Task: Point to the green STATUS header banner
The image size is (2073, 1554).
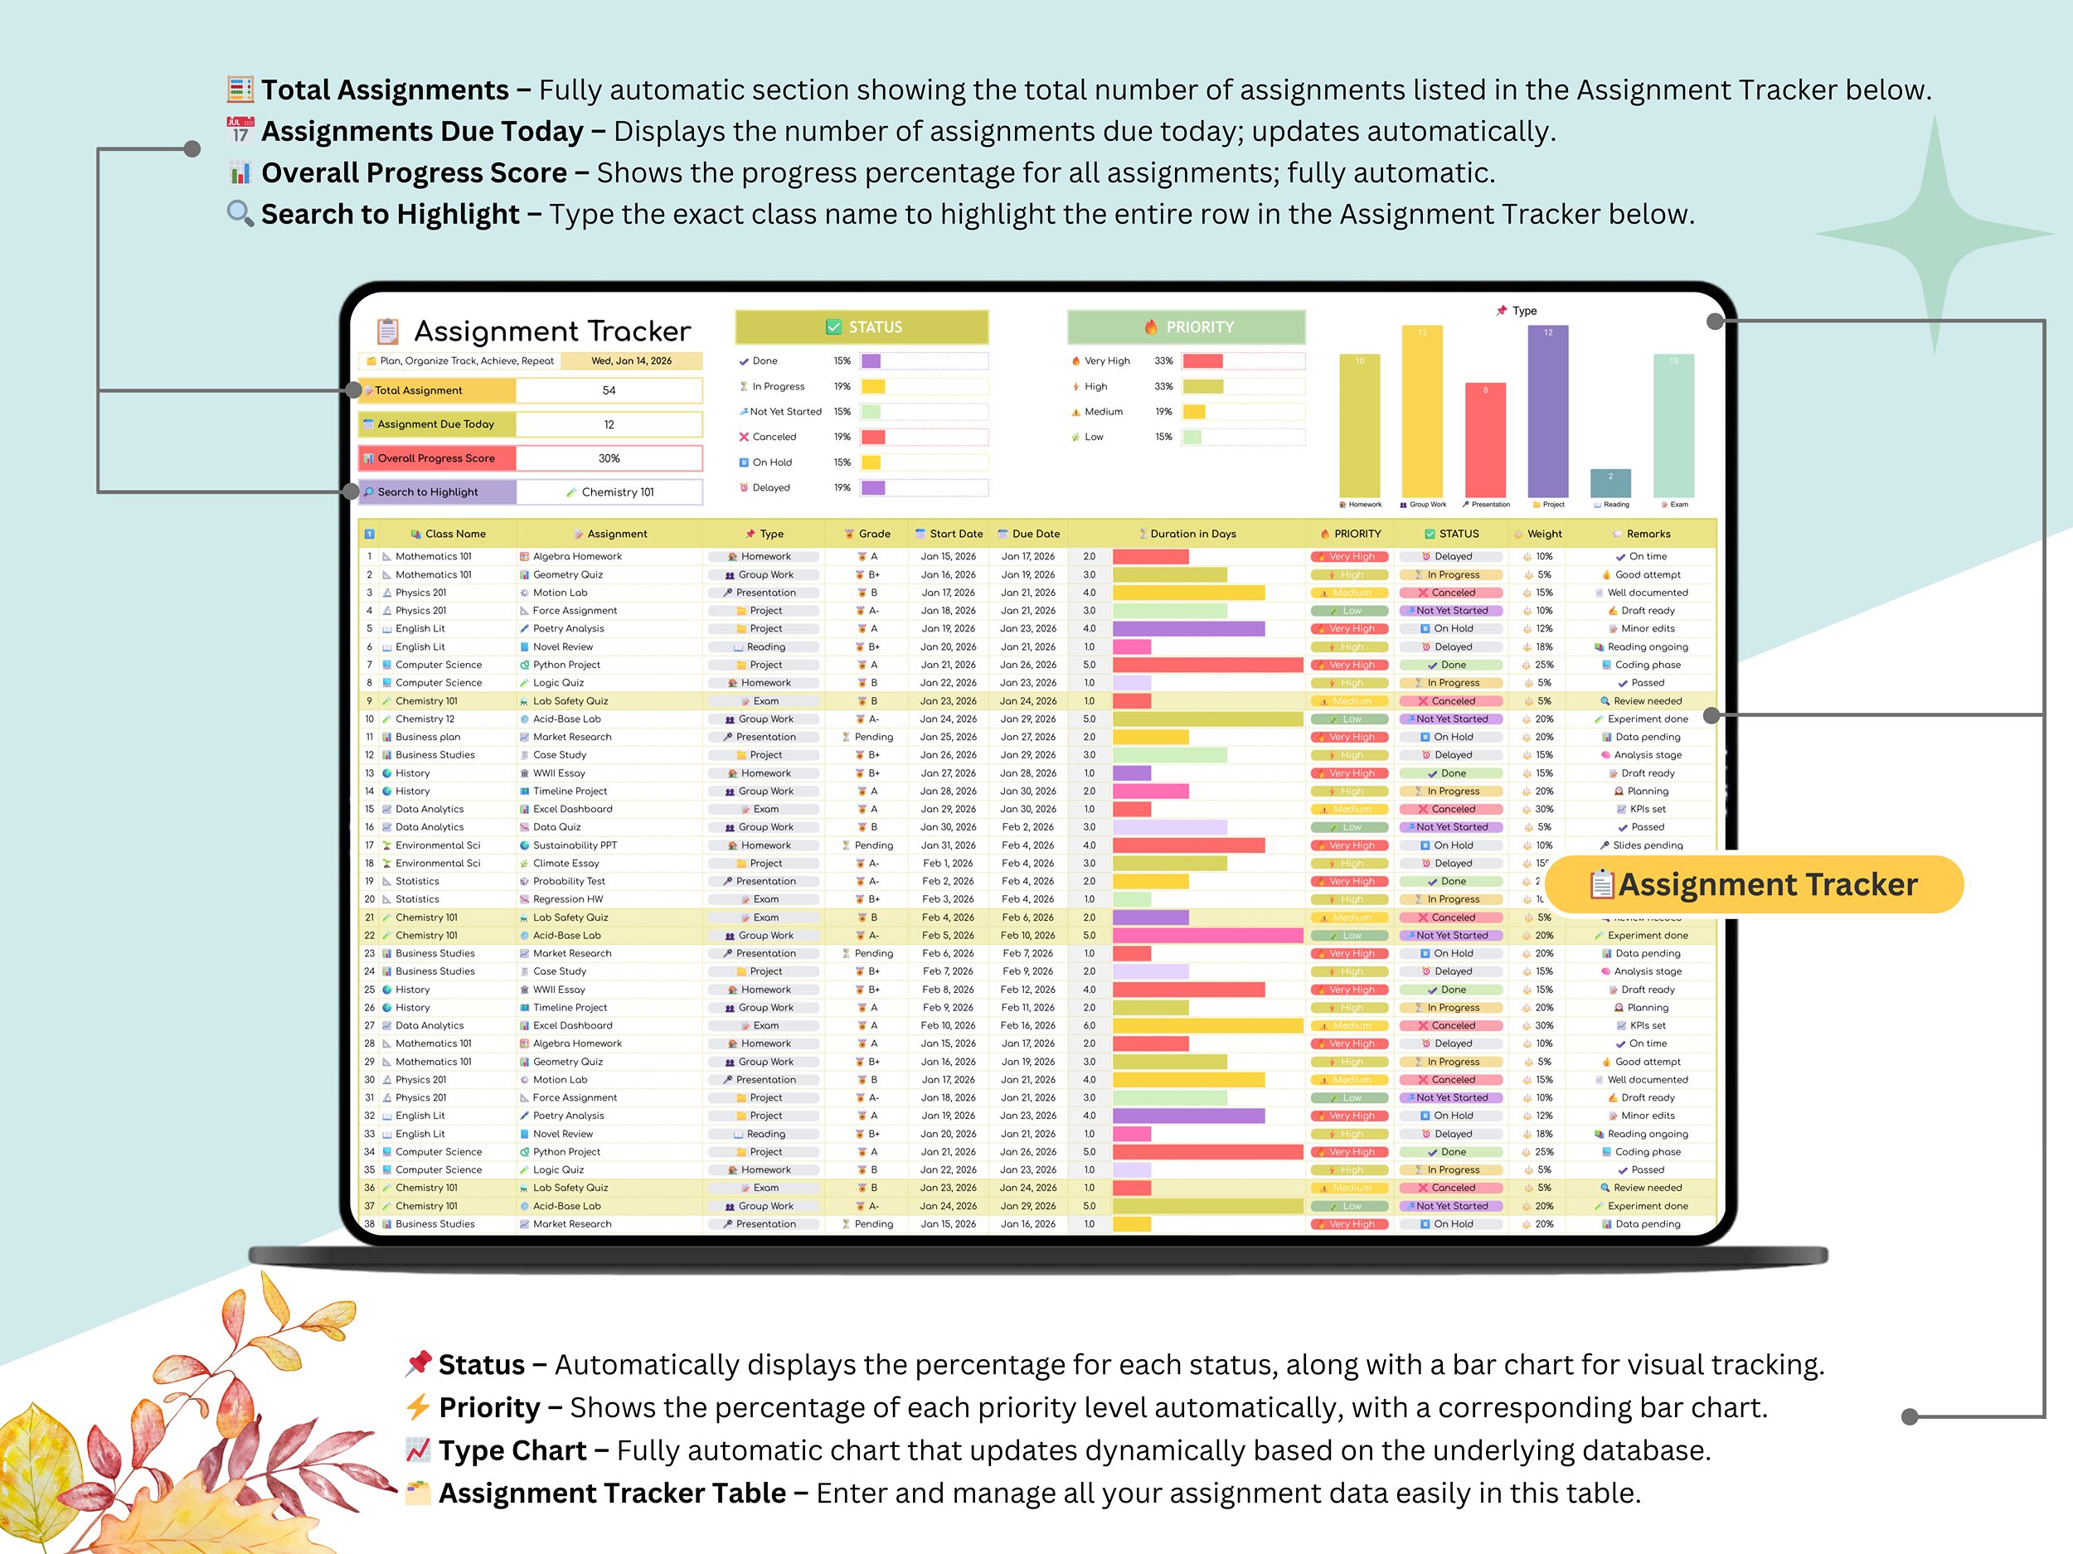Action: [862, 327]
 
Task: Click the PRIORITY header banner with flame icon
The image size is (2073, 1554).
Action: [1186, 327]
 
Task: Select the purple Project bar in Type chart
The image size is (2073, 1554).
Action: [1547, 412]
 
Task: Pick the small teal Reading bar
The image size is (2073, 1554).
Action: [1610, 483]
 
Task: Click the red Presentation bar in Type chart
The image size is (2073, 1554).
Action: [1484, 440]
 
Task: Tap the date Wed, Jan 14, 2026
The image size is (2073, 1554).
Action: [631, 361]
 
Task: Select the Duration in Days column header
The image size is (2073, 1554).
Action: [1192, 534]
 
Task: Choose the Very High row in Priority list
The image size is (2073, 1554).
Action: [1107, 361]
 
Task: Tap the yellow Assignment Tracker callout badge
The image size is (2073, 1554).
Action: [1752, 884]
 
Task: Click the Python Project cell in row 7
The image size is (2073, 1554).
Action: [566, 665]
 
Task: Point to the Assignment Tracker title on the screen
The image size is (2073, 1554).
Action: [552, 331]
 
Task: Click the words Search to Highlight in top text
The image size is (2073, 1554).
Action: [390, 214]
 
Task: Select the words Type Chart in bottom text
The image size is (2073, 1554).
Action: [512, 1450]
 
